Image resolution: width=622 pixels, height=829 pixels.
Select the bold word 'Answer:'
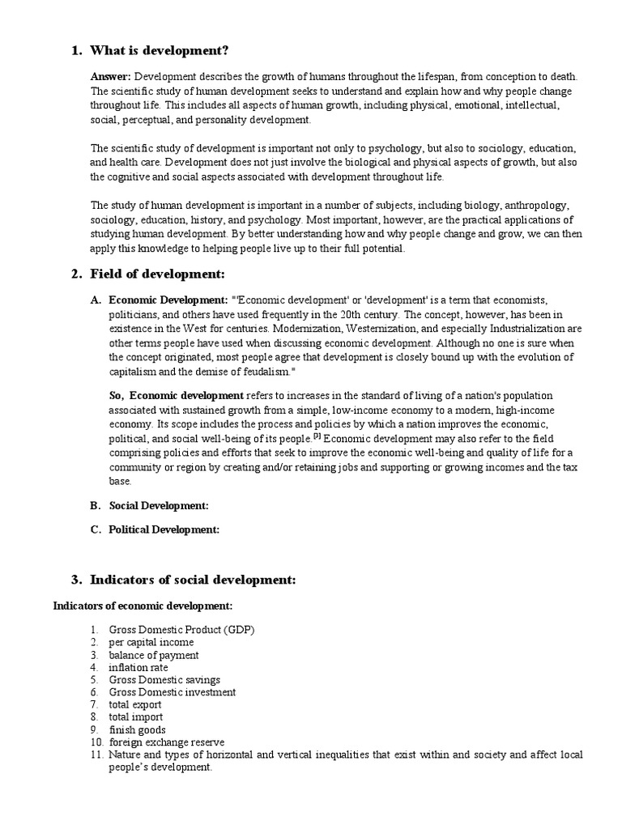(110, 76)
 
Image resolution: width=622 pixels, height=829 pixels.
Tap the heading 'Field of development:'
(157, 274)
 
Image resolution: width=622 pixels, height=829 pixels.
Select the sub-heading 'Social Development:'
(159, 505)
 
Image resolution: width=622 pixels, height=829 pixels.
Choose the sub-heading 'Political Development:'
(164, 529)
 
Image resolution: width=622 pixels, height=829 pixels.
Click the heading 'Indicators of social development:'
(193, 580)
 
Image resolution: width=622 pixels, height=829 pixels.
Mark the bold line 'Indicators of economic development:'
(143, 606)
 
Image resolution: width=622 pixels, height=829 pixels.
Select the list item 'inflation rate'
(138, 667)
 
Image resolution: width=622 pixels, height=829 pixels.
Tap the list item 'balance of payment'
(154, 655)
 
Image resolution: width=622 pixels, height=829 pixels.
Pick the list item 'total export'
(135, 704)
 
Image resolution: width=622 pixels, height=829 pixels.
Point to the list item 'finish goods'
(137, 729)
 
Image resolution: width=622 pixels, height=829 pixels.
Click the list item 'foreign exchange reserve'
(167, 742)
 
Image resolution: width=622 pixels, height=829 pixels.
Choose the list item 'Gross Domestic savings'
(164, 680)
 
